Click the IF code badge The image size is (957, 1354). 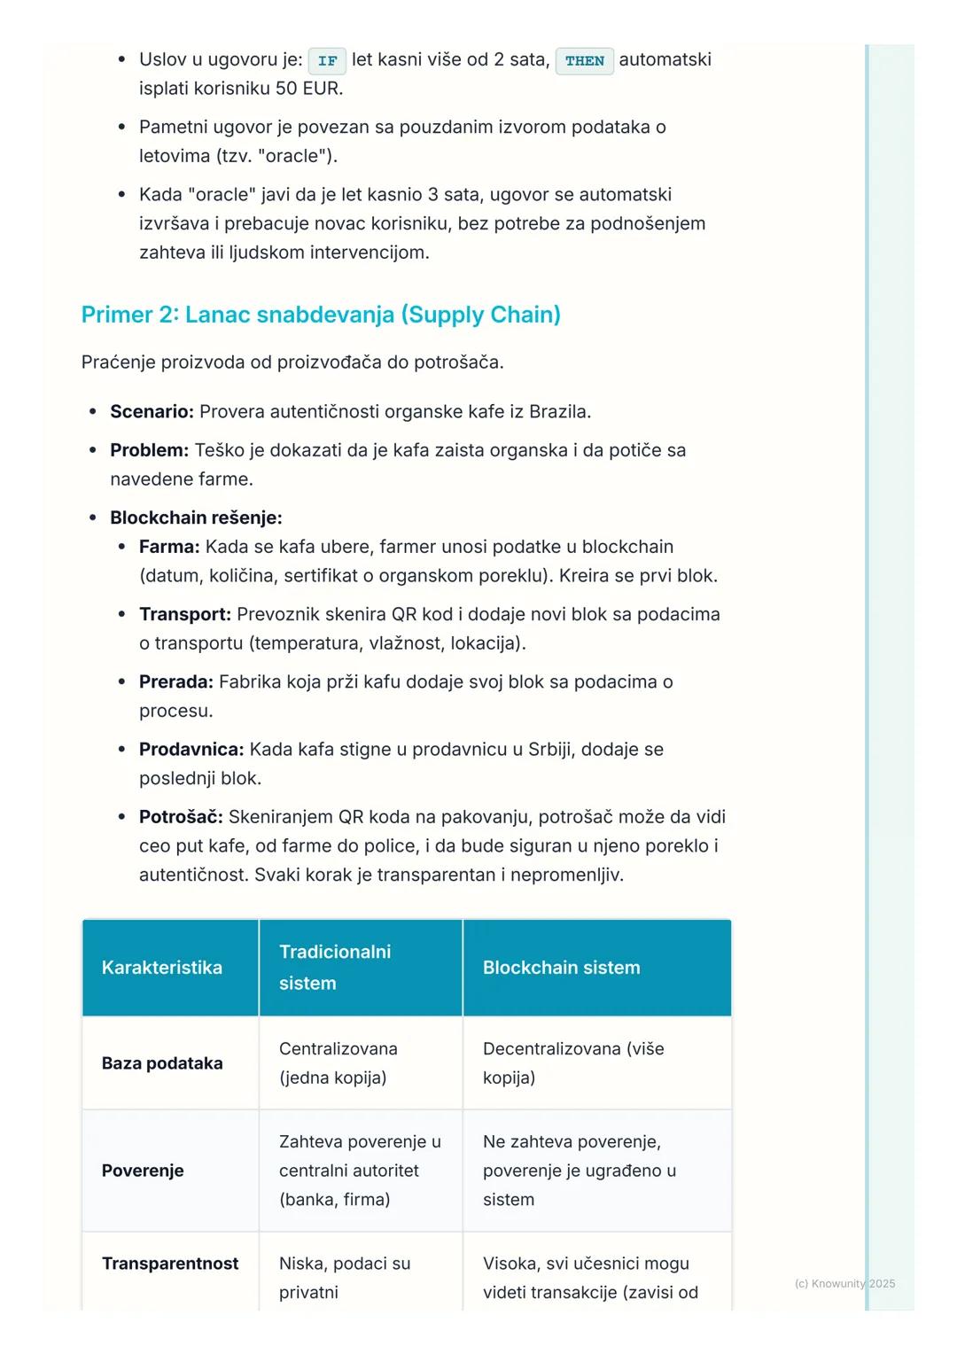[327, 61]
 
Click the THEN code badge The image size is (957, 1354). [584, 61]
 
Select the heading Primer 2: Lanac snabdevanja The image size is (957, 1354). [321, 315]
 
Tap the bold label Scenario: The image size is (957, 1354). [152, 411]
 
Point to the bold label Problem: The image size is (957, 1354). [149, 450]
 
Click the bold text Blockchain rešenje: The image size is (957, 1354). [196, 517]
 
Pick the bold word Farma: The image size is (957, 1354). [169, 547]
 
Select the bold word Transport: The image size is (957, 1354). [185, 614]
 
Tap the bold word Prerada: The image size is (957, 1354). [176, 681]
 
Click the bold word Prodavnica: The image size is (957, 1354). [191, 749]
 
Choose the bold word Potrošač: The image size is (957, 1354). [181, 816]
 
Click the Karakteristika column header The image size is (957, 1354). [162, 968]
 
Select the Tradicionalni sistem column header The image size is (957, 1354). [335, 968]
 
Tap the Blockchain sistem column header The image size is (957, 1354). [561, 968]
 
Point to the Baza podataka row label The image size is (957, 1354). [162, 1063]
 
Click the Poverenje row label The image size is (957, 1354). [143, 1171]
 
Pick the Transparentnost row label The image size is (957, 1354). [170, 1264]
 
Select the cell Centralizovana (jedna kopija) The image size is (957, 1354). [338, 1063]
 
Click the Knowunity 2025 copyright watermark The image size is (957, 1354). [844, 1283]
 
